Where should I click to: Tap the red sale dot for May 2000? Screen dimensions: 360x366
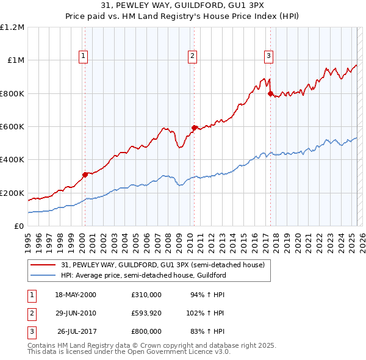coord(85,175)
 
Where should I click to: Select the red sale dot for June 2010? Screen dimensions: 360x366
coord(194,128)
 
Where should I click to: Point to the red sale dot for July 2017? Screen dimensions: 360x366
coord(270,93)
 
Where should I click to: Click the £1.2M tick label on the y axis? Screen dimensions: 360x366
coord(12,27)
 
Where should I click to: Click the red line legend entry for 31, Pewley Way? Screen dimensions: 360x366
coord(163,265)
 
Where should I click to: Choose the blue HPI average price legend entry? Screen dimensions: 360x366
coord(143,275)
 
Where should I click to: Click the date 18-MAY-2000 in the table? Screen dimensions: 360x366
coord(76,294)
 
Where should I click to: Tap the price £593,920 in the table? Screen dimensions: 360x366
coord(146,312)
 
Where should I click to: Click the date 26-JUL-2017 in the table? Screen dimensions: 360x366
coord(77,331)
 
